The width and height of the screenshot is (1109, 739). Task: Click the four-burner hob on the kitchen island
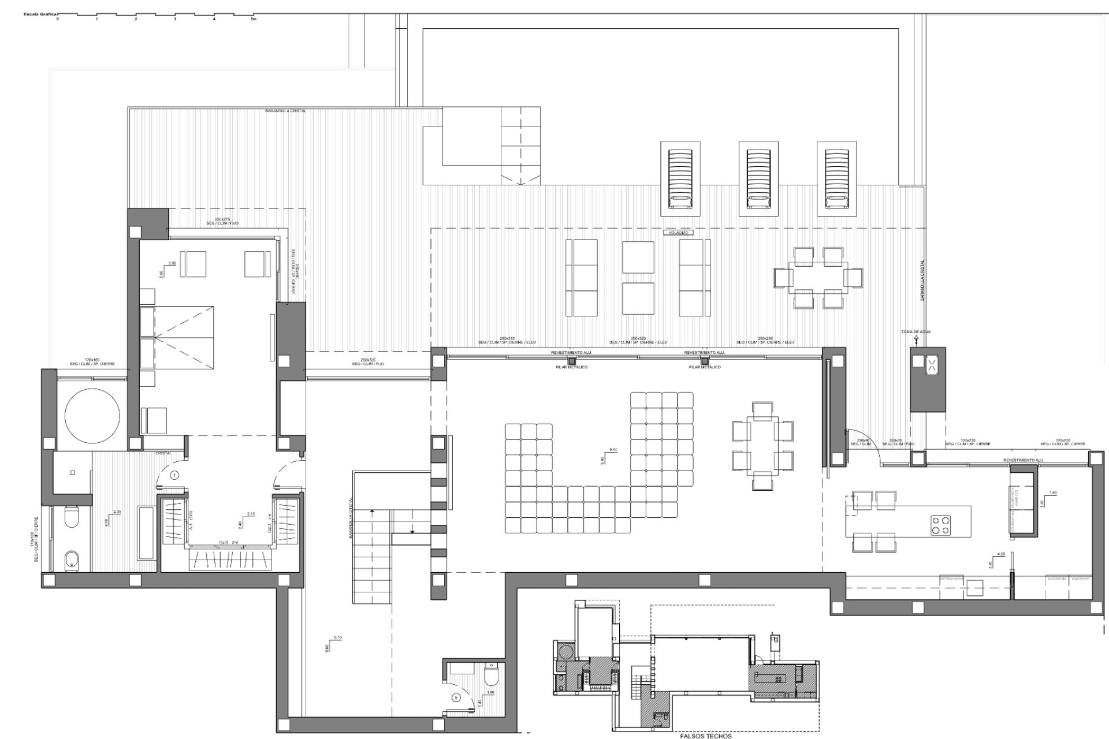click(940, 525)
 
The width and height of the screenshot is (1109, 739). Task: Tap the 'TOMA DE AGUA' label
click(916, 332)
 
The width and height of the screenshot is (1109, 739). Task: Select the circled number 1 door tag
click(175, 475)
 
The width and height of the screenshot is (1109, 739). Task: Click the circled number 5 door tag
click(456, 697)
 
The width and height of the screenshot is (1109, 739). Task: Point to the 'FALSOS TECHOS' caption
click(706, 736)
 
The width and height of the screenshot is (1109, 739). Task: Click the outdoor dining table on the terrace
click(818, 278)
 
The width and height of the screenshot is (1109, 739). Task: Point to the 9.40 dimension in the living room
click(613, 450)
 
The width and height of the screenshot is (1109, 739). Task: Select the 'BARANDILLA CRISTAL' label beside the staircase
click(351, 518)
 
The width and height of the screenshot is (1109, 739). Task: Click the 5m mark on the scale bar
click(252, 19)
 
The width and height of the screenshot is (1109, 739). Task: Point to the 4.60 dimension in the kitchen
click(1000, 554)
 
